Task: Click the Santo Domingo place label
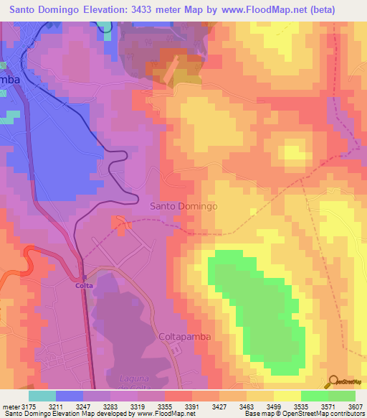[183, 206]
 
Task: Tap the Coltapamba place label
[183, 336]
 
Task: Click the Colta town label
[85, 285]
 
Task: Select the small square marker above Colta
[84, 277]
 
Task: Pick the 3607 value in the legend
[355, 407]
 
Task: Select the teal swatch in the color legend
[42, 396]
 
